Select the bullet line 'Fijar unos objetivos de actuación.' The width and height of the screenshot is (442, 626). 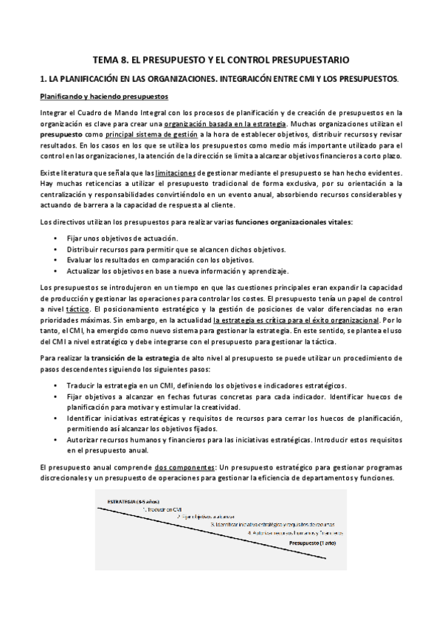(124, 238)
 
